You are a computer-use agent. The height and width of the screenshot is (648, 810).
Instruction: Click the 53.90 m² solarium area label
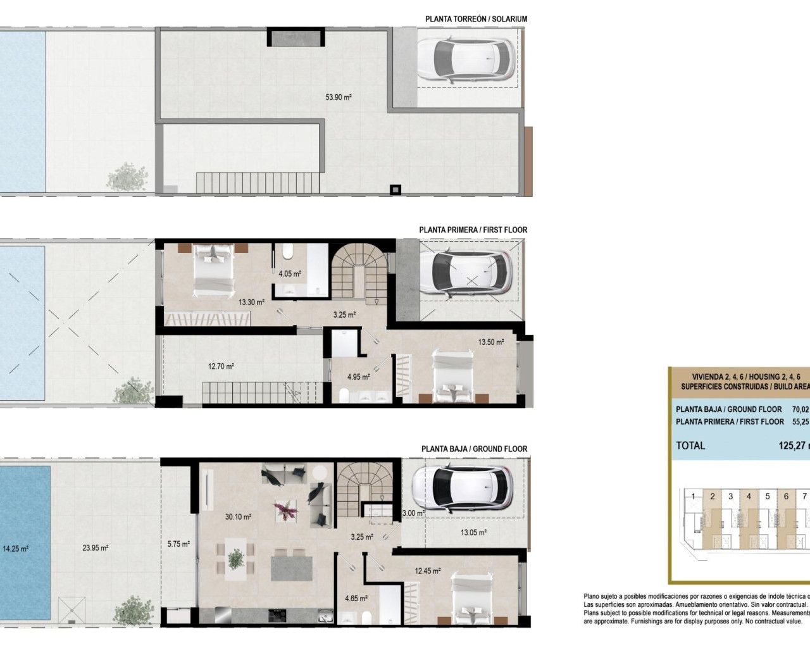click(338, 97)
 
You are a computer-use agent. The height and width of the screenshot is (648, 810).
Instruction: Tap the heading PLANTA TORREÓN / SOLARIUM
click(476, 19)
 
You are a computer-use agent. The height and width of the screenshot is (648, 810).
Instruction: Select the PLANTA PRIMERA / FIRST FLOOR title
click(473, 230)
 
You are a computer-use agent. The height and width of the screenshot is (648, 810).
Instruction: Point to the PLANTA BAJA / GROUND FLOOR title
click(474, 449)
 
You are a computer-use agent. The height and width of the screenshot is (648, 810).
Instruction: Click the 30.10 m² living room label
click(238, 517)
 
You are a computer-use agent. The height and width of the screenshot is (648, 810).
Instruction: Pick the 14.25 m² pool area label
click(15, 549)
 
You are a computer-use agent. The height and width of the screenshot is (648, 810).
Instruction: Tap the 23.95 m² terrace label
click(95, 548)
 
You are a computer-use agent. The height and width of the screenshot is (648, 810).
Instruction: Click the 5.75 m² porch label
click(178, 544)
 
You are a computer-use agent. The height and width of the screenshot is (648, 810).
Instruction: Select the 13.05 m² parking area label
click(473, 532)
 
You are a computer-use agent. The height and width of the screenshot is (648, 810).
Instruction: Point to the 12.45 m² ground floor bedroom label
click(428, 571)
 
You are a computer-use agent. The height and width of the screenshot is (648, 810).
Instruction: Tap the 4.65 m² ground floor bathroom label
click(356, 597)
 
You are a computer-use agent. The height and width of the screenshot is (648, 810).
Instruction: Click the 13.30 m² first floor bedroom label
click(251, 302)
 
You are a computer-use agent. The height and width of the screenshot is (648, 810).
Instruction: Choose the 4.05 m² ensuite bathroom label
click(290, 274)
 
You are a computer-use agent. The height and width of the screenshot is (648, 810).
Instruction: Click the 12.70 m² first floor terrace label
click(221, 366)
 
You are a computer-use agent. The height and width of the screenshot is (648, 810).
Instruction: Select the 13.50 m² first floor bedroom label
click(490, 342)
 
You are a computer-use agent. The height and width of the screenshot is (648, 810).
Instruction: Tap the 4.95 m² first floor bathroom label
click(358, 377)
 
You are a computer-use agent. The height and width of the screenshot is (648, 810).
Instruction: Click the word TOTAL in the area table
click(690, 445)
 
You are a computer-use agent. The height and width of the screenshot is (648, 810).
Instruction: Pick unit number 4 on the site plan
click(749, 496)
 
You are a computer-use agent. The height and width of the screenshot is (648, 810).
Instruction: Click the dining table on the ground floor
click(235, 558)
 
